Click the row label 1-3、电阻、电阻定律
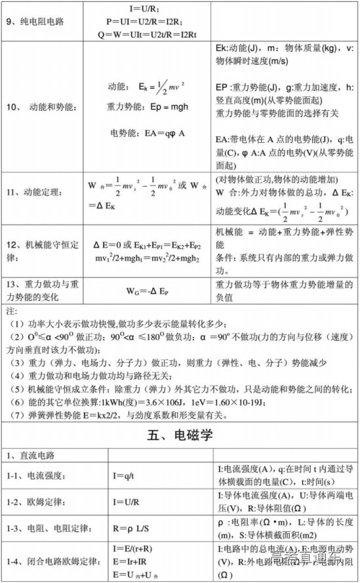click(x=45, y=527)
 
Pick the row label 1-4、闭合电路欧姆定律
click(x=49, y=561)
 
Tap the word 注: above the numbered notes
click(x=10, y=310)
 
